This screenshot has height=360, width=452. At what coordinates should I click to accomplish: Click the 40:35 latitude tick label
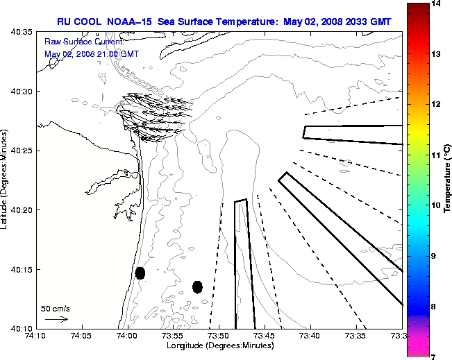tap(22, 33)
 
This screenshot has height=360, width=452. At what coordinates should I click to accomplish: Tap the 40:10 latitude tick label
tap(22, 328)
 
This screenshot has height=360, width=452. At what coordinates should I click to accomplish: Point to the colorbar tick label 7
tap(437, 356)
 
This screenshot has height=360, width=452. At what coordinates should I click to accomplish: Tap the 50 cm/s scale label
tap(56, 308)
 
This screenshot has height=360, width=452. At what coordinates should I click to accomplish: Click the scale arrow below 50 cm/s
tap(56, 319)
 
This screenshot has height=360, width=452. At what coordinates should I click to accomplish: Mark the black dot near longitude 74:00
tap(140, 273)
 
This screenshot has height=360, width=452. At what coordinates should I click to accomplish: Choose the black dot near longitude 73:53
tap(197, 286)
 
